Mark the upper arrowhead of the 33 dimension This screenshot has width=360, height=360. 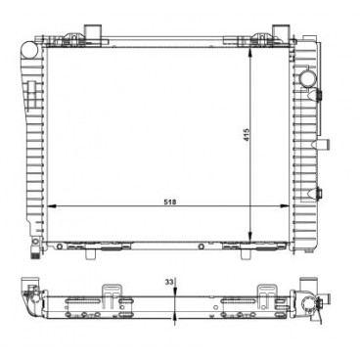pos(174,292)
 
